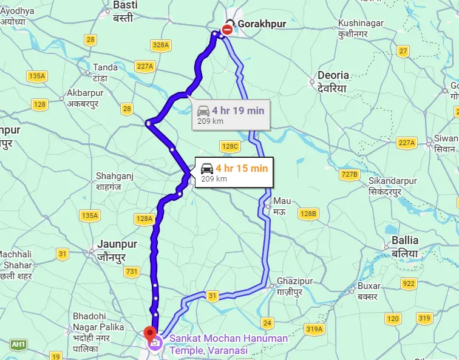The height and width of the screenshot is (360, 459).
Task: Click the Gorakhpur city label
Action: tap(262, 24)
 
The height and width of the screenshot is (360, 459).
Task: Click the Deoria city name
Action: tap(333, 75)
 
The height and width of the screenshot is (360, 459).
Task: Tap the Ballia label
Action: tap(405, 240)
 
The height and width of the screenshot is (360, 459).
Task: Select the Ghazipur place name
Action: tap(294, 282)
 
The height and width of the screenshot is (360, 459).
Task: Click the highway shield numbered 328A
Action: tap(161, 45)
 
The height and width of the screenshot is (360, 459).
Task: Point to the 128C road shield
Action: tap(230, 146)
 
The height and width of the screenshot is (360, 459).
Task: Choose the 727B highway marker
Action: tap(350, 175)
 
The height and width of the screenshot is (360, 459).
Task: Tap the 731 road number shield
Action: tap(131, 273)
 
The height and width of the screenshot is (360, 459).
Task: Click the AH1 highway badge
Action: tap(19, 345)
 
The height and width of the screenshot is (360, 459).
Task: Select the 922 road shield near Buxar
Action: tap(409, 284)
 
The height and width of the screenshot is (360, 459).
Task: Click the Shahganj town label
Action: tap(115, 176)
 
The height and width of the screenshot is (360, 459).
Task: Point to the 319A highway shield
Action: tap(314, 329)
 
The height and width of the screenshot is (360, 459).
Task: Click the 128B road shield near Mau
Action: tap(308, 214)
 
